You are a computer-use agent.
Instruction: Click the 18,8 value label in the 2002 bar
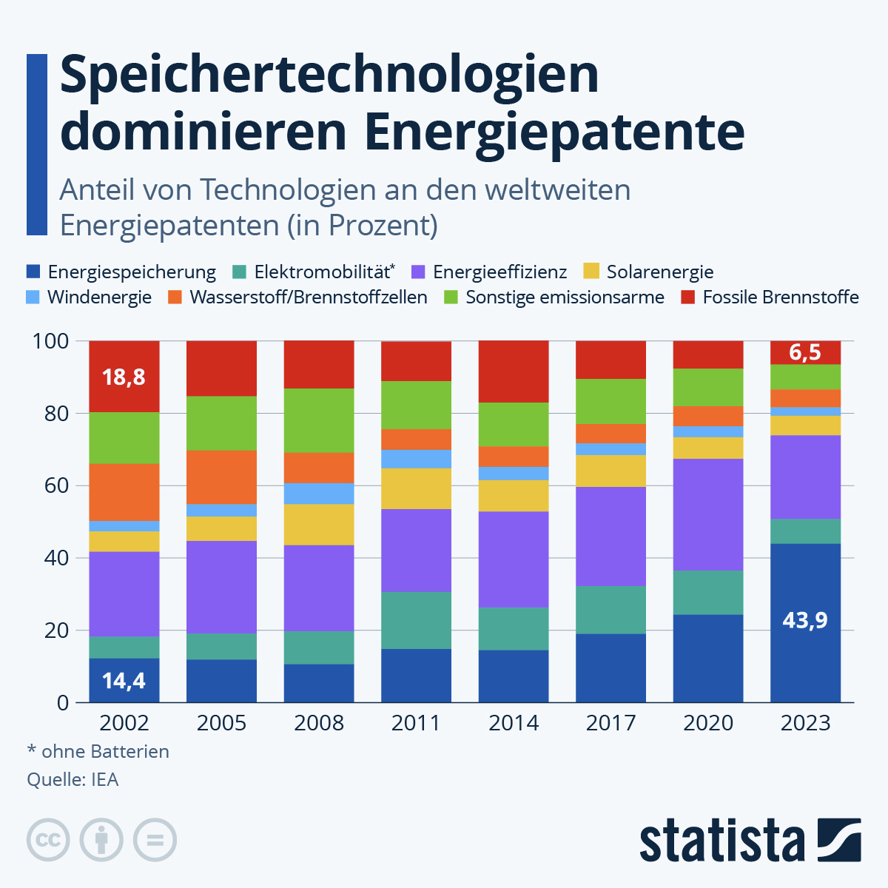click(x=124, y=377)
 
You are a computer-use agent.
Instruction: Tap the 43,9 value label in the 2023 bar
click(x=805, y=619)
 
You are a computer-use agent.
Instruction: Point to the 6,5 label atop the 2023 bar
click(x=805, y=352)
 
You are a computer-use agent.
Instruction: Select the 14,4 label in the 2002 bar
click(x=124, y=680)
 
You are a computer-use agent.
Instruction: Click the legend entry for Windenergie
click(x=89, y=297)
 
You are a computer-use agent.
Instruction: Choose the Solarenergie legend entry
click(x=649, y=272)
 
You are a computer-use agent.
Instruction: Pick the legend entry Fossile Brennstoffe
click(x=770, y=297)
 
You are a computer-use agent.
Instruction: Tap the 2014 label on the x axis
click(x=514, y=723)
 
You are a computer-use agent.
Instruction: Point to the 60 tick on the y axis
click(x=52, y=485)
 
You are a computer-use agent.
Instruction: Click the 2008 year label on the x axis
click(x=319, y=723)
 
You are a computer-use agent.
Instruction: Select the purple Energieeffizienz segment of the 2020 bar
click(x=708, y=514)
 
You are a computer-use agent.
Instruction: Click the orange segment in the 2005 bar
click(x=221, y=477)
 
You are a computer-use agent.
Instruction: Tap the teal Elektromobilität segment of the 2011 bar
click(x=416, y=620)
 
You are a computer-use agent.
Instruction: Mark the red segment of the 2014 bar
click(x=514, y=371)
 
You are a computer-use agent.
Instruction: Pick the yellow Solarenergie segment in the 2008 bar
click(x=319, y=525)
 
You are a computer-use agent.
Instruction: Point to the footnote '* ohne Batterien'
click(x=98, y=751)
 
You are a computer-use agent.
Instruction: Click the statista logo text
click(x=721, y=841)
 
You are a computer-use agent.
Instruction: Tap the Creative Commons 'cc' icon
click(x=49, y=840)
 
